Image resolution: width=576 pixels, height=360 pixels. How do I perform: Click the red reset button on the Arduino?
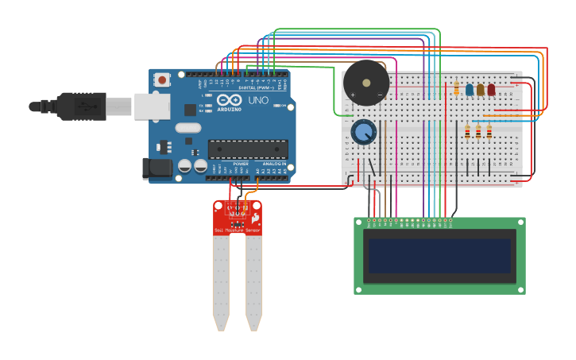click(x=162, y=79)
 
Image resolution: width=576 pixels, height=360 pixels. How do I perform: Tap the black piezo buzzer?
click(x=366, y=82)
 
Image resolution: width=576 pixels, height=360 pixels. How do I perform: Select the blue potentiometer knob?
click(x=364, y=132)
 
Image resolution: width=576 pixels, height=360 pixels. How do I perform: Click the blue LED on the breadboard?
click(x=470, y=90)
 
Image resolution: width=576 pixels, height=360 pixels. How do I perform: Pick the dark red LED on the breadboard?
click(x=491, y=90)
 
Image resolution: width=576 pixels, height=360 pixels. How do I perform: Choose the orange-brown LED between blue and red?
click(x=481, y=90)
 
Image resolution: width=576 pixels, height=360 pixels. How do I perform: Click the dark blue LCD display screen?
click(x=439, y=256)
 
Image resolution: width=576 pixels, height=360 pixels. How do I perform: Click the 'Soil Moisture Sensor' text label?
click(x=237, y=230)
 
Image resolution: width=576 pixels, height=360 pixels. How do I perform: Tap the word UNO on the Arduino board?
click(x=258, y=101)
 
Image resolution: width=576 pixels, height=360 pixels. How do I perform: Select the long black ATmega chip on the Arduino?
click(x=248, y=149)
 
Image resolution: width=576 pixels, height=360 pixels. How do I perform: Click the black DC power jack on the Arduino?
click(x=157, y=168)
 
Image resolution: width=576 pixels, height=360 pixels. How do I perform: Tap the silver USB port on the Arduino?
click(x=151, y=106)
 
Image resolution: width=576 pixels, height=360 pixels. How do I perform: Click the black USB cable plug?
click(x=80, y=106)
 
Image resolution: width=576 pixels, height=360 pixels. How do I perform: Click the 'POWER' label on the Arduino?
click(x=240, y=164)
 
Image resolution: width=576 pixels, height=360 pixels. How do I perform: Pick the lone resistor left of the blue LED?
click(x=456, y=88)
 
